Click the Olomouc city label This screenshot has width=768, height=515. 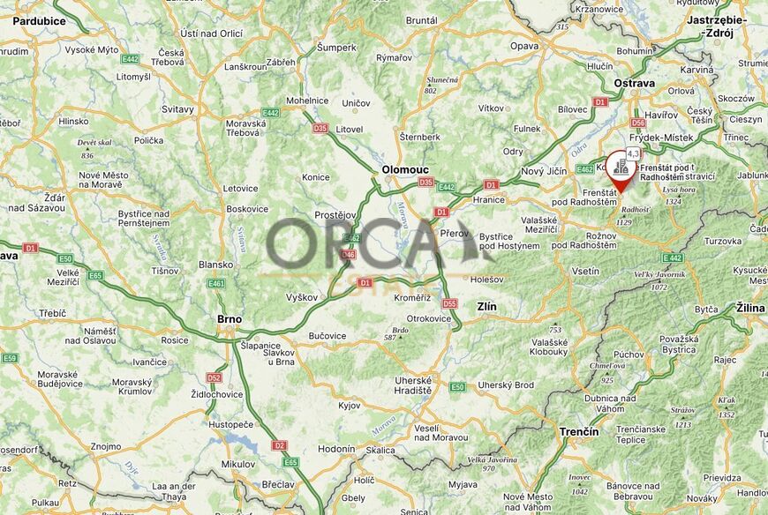point(405,169)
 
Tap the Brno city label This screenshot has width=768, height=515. point(229,319)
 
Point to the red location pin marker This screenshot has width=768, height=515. point(620,170)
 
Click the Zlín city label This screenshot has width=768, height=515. point(486,307)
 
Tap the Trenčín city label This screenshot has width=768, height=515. point(578,432)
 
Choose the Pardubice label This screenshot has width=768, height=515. point(41,20)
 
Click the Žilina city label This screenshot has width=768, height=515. point(751,308)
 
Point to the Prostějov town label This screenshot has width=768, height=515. point(335,215)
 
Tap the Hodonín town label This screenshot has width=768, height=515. point(336,449)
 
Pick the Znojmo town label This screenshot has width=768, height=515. point(105,446)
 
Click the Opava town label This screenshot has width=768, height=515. point(524,46)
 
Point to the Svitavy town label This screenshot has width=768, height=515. point(177,109)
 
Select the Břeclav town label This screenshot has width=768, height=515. point(278,484)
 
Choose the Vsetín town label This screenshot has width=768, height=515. point(585,272)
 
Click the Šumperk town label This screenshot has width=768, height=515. point(336,48)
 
